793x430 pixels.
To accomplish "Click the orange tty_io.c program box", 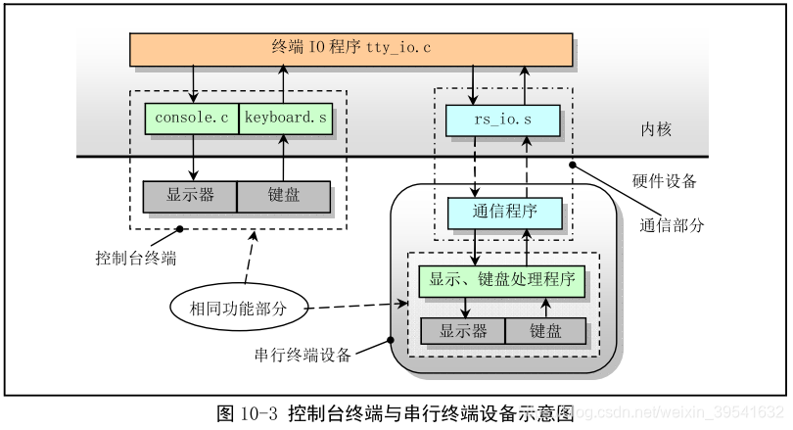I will tap(350, 49).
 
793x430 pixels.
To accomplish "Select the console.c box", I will tap(191, 119).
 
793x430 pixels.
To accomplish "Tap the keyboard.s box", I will tap(285, 119).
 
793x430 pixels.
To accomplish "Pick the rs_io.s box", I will tap(503, 120).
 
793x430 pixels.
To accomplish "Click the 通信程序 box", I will tap(504, 214).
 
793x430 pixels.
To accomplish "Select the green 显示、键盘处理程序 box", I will tap(502, 281).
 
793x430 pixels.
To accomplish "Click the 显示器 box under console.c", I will tap(190, 196).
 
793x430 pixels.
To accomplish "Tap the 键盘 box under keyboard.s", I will tap(284, 196).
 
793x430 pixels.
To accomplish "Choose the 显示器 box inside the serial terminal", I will tap(463, 331).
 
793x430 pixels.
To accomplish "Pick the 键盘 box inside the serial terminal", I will tap(545, 331).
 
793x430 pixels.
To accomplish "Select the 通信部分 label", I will tap(672, 224).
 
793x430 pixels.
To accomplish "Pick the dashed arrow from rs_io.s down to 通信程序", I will tap(475, 167).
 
